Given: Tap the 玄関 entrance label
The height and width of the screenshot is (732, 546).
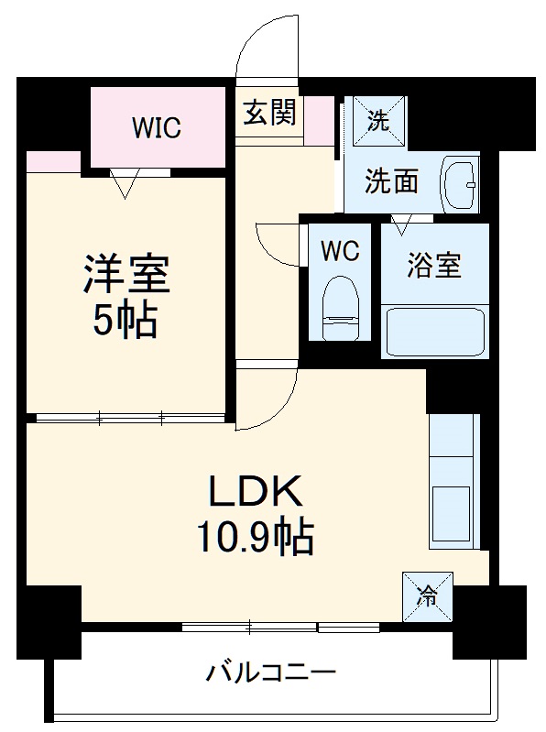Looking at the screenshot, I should click(x=268, y=114).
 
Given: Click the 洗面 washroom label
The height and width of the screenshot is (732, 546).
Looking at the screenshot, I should click(x=392, y=181).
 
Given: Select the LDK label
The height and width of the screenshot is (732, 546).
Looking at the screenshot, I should click(x=256, y=494).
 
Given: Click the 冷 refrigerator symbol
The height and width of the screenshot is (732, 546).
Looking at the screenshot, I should click(x=427, y=596).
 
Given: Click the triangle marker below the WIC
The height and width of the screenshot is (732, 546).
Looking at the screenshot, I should click(x=125, y=184).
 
